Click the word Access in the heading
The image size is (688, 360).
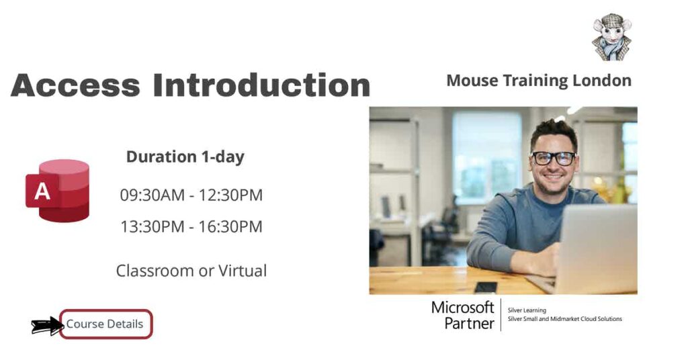pos(75,86)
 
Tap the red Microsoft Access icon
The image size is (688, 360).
pos(58,190)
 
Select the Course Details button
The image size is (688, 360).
pos(105,324)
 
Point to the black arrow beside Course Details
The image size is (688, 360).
pos(46,326)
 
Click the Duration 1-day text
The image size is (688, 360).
pos(185,157)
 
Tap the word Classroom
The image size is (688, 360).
pos(155,271)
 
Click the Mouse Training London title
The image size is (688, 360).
pos(538,81)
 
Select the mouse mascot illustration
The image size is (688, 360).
pos(611,37)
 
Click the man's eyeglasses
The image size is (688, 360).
pos(554,159)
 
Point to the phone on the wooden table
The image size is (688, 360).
pos(485,287)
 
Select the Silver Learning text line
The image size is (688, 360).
pos(527,310)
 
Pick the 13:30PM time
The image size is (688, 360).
pos(152,227)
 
